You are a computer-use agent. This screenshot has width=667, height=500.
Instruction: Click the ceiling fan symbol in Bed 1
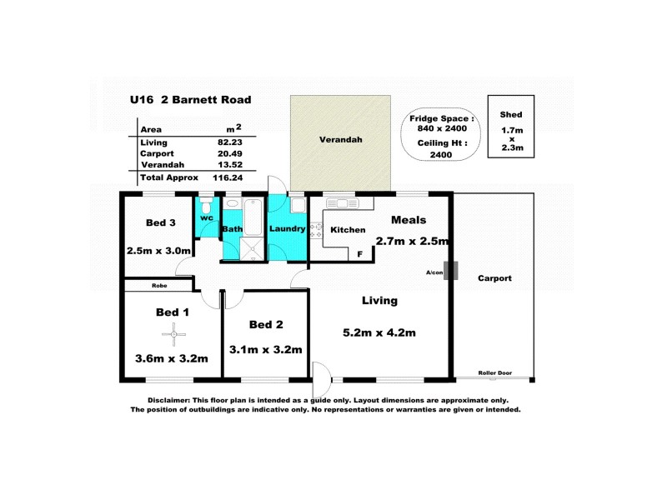point(173,335)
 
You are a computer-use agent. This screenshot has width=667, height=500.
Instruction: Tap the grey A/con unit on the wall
point(452,271)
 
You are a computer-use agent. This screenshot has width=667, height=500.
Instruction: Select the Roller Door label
point(494,372)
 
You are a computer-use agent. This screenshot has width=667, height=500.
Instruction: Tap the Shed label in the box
point(510,114)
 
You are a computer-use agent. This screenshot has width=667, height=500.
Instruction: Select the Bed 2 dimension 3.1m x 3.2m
point(265,349)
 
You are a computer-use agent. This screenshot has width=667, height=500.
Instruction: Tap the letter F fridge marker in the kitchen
point(359,254)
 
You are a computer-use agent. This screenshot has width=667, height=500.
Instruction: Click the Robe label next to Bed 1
point(159,286)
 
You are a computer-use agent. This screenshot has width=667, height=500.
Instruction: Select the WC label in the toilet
point(207,217)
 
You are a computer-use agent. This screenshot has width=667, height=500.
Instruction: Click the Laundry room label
point(288,227)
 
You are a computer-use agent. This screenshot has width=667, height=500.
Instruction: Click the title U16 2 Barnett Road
point(190,100)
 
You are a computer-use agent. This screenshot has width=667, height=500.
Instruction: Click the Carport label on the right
point(495,278)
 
